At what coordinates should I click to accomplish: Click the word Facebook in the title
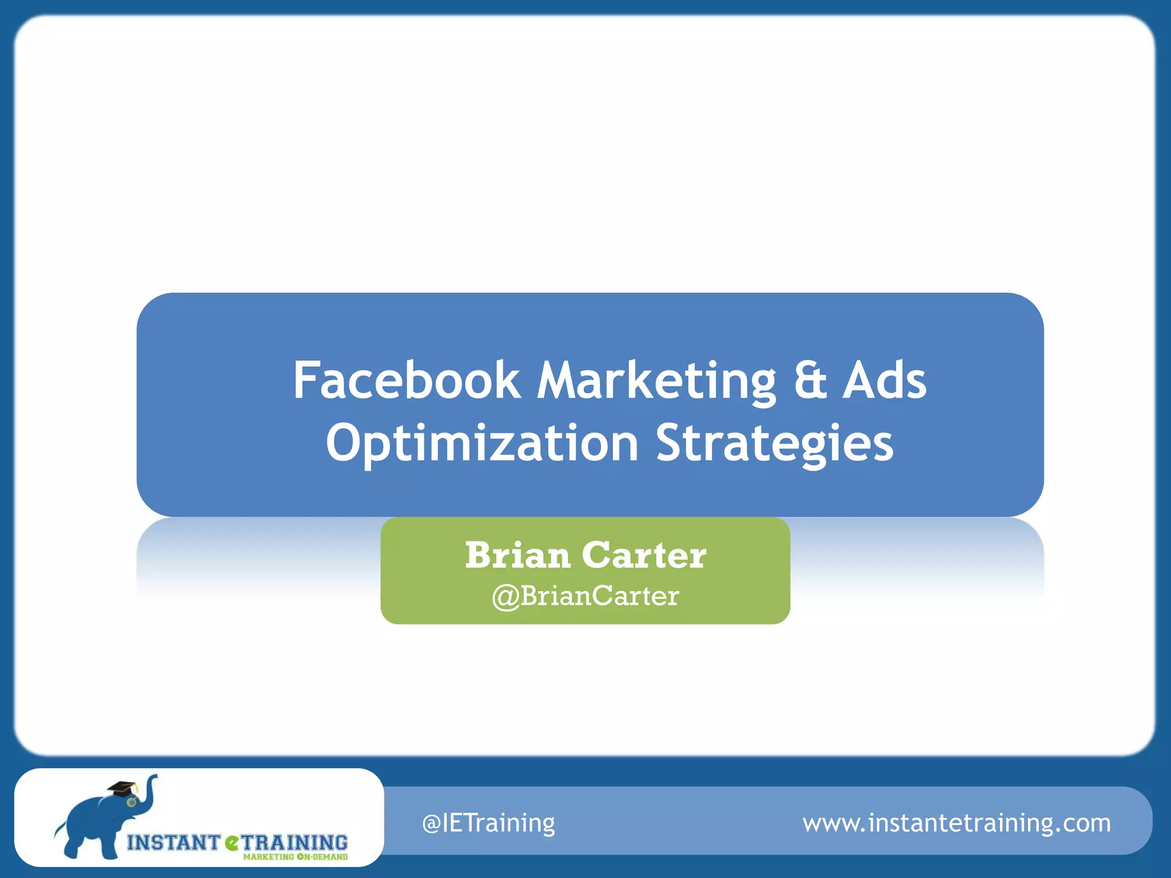click(x=406, y=381)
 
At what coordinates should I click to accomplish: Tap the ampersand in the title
click(x=810, y=381)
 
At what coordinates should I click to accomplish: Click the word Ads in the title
click(x=884, y=381)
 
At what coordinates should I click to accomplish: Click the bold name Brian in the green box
click(x=517, y=555)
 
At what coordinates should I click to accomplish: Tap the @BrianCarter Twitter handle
click(x=585, y=596)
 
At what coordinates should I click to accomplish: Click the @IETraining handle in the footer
click(x=488, y=823)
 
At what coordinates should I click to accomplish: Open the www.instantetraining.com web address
click(x=957, y=823)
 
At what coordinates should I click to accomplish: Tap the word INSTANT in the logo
click(x=173, y=843)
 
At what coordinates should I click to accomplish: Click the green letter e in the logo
click(x=232, y=843)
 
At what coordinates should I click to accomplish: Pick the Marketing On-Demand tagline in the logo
click(x=295, y=857)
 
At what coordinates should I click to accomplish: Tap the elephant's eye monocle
click(x=132, y=803)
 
